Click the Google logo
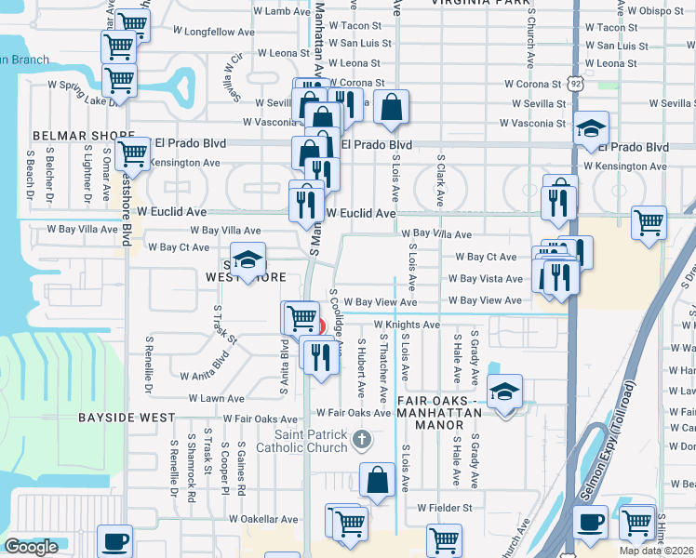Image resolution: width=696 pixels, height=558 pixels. coord(31,547)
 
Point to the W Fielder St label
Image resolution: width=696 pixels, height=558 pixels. coord(445,509)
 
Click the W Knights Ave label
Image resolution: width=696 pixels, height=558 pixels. coord(407,325)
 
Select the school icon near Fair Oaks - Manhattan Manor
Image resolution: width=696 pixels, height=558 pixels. coord(503,392)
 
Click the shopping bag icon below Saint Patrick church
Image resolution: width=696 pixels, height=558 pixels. coord(377,481)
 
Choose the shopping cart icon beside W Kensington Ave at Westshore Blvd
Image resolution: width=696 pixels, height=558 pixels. coord(134,153)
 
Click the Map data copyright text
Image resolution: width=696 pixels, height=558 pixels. coord(657,551)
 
